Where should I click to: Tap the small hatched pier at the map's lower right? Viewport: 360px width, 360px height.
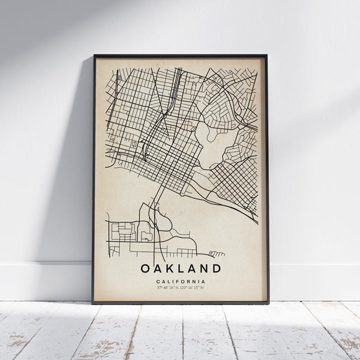pos(216,254)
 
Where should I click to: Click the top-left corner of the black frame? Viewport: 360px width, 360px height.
pos(94,56)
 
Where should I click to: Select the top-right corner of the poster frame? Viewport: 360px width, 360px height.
pos(266,56)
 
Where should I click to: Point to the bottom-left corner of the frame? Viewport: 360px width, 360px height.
pos(94,303)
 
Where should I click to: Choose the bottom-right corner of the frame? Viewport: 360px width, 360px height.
pos(268,303)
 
